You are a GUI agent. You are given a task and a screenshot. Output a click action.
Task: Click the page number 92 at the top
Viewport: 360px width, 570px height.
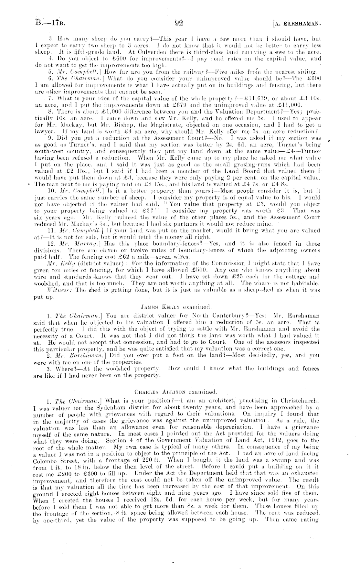click(179, 23)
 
